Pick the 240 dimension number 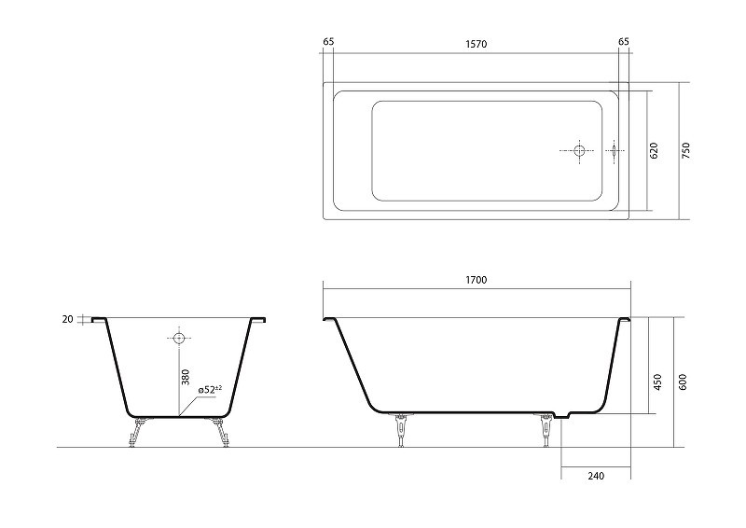click(596, 477)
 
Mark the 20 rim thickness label click(67, 319)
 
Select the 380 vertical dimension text click(186, 378)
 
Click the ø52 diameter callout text click(207, 389)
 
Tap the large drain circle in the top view click(580, 150)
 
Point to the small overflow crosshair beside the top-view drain click(615, 150)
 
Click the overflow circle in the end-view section click(177, 337)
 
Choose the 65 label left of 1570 click(328, 42)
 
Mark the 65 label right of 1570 click(623, 42)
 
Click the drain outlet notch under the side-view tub click(561, 415)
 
